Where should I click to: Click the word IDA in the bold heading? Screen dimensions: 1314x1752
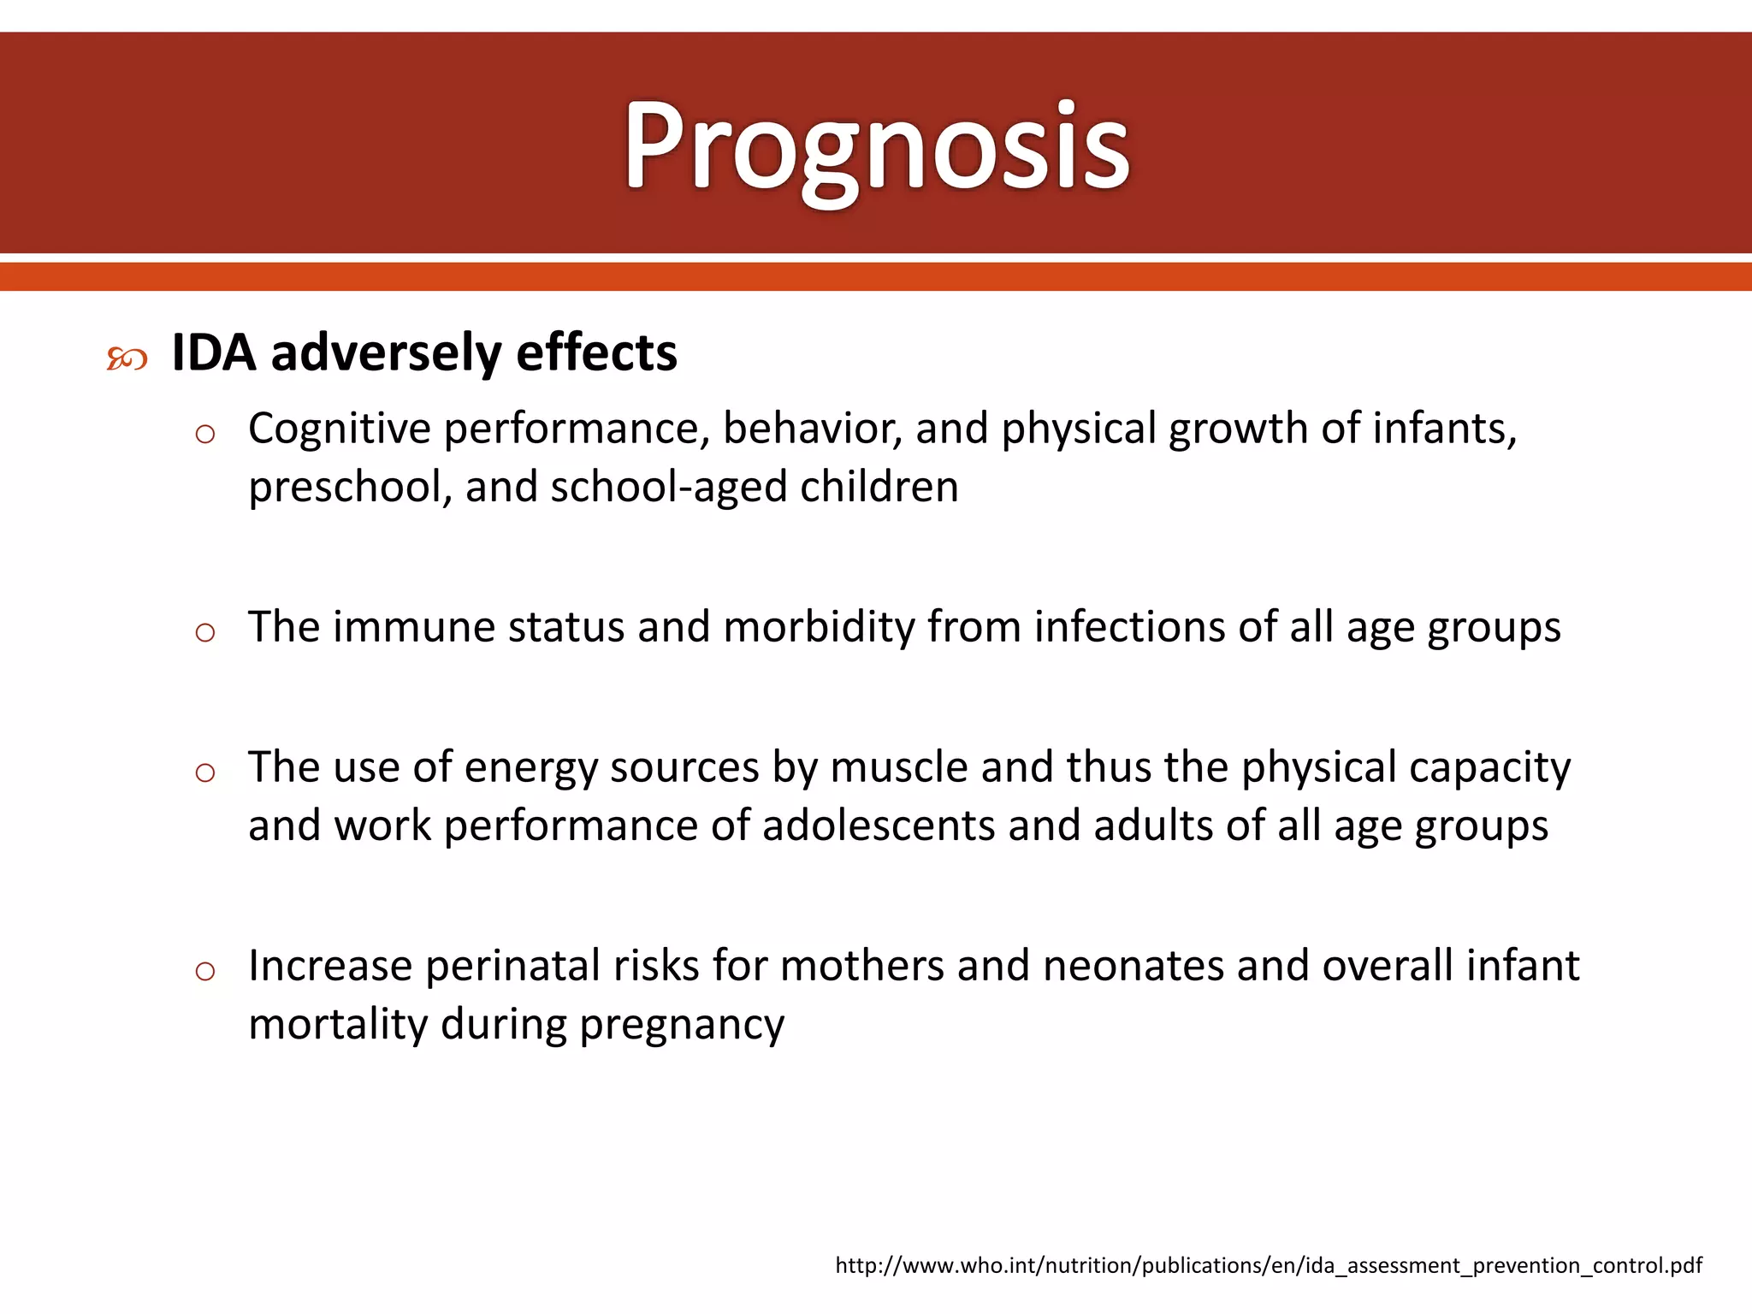click(213, 352)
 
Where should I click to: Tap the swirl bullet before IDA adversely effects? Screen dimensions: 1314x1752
click(127, 359)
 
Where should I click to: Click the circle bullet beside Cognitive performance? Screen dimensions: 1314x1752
click(204, 435)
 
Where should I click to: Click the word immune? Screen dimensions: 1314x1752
click(414, 627)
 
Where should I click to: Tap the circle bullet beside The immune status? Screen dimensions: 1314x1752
click(204, 633)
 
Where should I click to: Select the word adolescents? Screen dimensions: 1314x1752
click(879, 826)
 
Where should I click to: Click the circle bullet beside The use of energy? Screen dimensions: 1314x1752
click(204, 773)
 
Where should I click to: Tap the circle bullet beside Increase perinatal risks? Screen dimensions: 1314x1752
click(204, 972)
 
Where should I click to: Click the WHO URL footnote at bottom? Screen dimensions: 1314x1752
click(1268, 1265)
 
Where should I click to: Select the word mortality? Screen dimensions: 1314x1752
click(338, 1025)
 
